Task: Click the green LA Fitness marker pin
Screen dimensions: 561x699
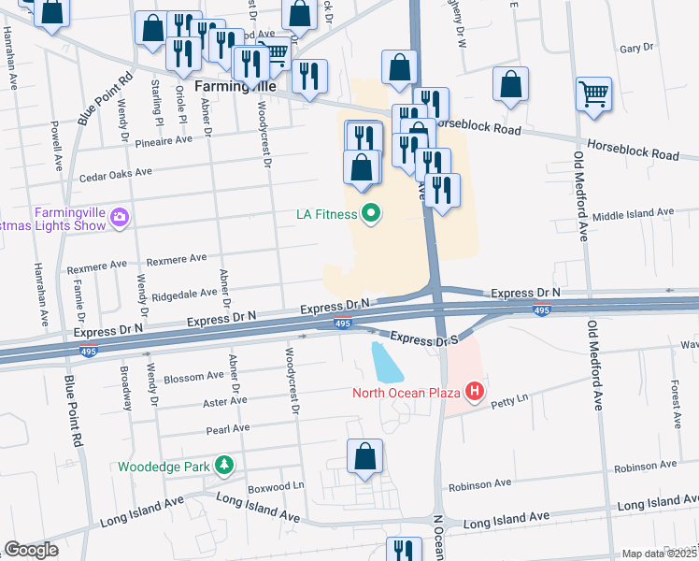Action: [x=371, y=215]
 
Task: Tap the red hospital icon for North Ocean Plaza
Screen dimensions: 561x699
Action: [x=475, y=391]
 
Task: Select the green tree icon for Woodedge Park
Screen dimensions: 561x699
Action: [x=223, y=466]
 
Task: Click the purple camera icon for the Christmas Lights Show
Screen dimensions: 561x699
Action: [x=119, y=219]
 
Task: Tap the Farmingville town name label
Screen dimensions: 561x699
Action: [x=235, y=86]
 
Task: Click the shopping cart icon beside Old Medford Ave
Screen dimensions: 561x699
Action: [x=593, y=94]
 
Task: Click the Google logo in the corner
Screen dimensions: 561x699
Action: [x=31, y=550]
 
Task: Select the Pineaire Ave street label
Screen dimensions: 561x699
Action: [x=163, y=138]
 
